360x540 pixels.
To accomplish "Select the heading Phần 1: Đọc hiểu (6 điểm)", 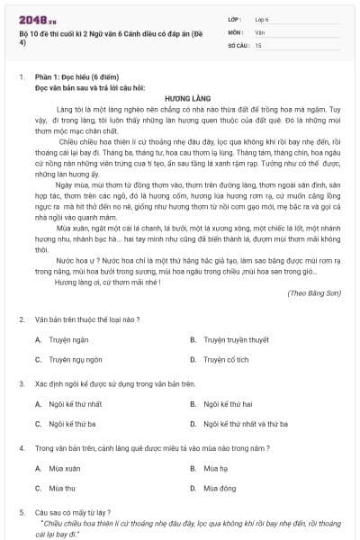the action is click(79, 77).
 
